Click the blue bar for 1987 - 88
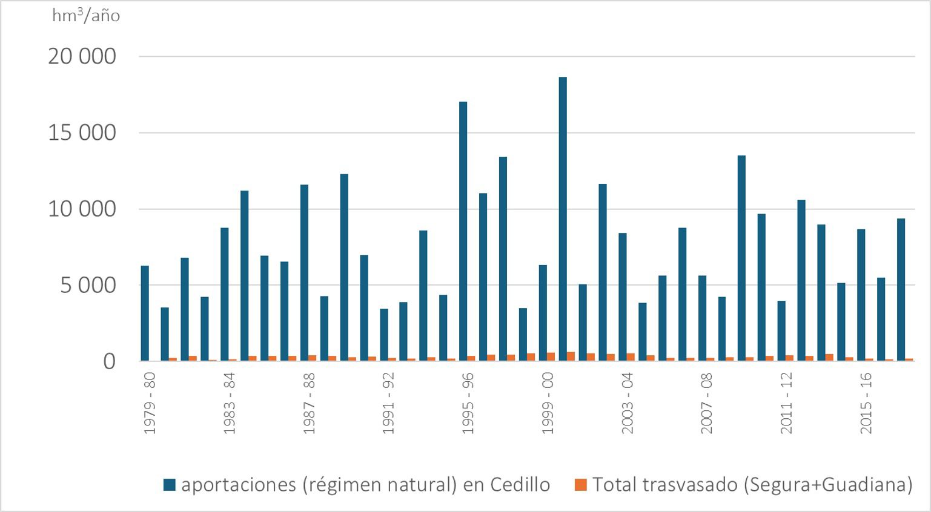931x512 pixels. click(x=304, y=273)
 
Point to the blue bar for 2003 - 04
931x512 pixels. click(x=622, y=297)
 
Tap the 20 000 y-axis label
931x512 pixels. click(x=82, y=56)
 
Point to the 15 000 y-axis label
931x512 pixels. click(x=82, y=133)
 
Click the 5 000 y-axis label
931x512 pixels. click(x=88, y=285)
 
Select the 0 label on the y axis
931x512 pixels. click(x=109, y=361)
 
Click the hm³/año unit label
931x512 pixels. click(x=85, y=16)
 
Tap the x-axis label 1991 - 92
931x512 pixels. click(x=388, y=403)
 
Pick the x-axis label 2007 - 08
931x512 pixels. click(x=707, y=403)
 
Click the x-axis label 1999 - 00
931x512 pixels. click(x=548, y=403)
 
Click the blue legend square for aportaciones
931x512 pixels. click(x=170, y=485)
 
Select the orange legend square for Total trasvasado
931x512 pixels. click(x=581, y=485)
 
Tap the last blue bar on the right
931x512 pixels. click(x=901, y=290)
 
